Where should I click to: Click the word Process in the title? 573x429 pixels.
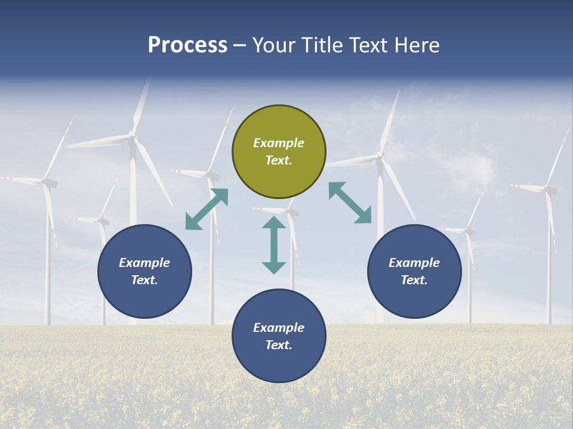click(187, 45)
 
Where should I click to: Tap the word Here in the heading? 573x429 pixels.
click(417, 45)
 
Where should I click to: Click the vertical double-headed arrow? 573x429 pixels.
click(274, 245)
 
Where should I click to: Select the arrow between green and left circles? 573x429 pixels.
click(207, 209)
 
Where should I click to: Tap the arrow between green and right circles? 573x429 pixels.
click(350, 203)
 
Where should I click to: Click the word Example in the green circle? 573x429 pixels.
click(279, 143)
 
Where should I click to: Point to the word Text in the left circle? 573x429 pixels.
click(144, 280)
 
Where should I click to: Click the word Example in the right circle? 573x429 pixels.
click(414, 263)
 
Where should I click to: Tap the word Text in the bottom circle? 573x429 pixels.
click(279, 345)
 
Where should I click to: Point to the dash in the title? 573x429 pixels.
click(240, 46)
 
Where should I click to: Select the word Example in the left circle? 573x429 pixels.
click(144, 263)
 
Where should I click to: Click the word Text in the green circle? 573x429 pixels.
click(279, 160)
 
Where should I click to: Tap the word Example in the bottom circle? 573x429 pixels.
click(279, 328)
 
